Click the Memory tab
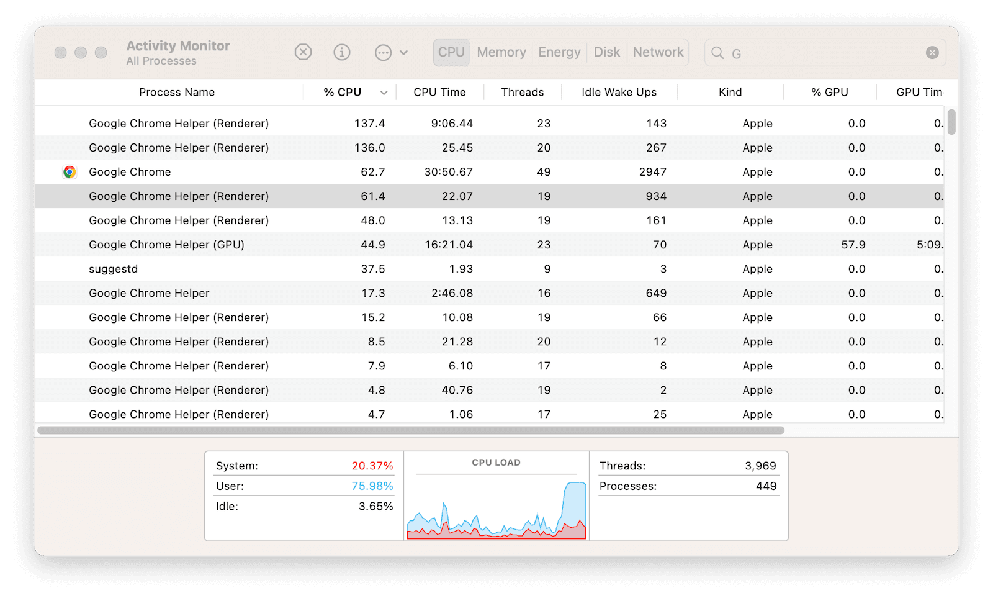pyautogui.click(x=501, y=53)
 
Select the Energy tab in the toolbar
pyautogui.click(x=559, y=53)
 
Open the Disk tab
pyautogui.click(x=606, y=53)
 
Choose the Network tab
pyautogui.click(x=658, y=53)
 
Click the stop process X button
pyautogui.click(x=303, y=52)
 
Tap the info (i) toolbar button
pyautogui.click(x=342, y=52)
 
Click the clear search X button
pyautogui.click(x=932, y=53)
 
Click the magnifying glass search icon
pyautogui.click(x=717, y=53)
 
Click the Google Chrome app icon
pyautogui.click(x=70, y=172)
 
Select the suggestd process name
pyautogui.click(x=114, y=269)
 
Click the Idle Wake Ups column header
pyautogui.click(x=619, y=93)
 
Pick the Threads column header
pyautogui.click(x=522, y=93)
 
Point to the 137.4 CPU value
pyautogui.click(x=369, y=124)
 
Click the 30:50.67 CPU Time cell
pyautogui.click(x=448, y=172)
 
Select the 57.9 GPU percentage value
pyautogui.click(x=853, y=245)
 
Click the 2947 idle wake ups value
pyautogui.click(x=652, y=172)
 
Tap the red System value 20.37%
pyautogui.click(x=372, y=466)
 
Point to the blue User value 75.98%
pyautogui.click(x=372, y=486)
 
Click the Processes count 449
pyautogui.click(x=766, y=486)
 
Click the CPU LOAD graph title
pyautogui.click(x=496, y=463)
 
